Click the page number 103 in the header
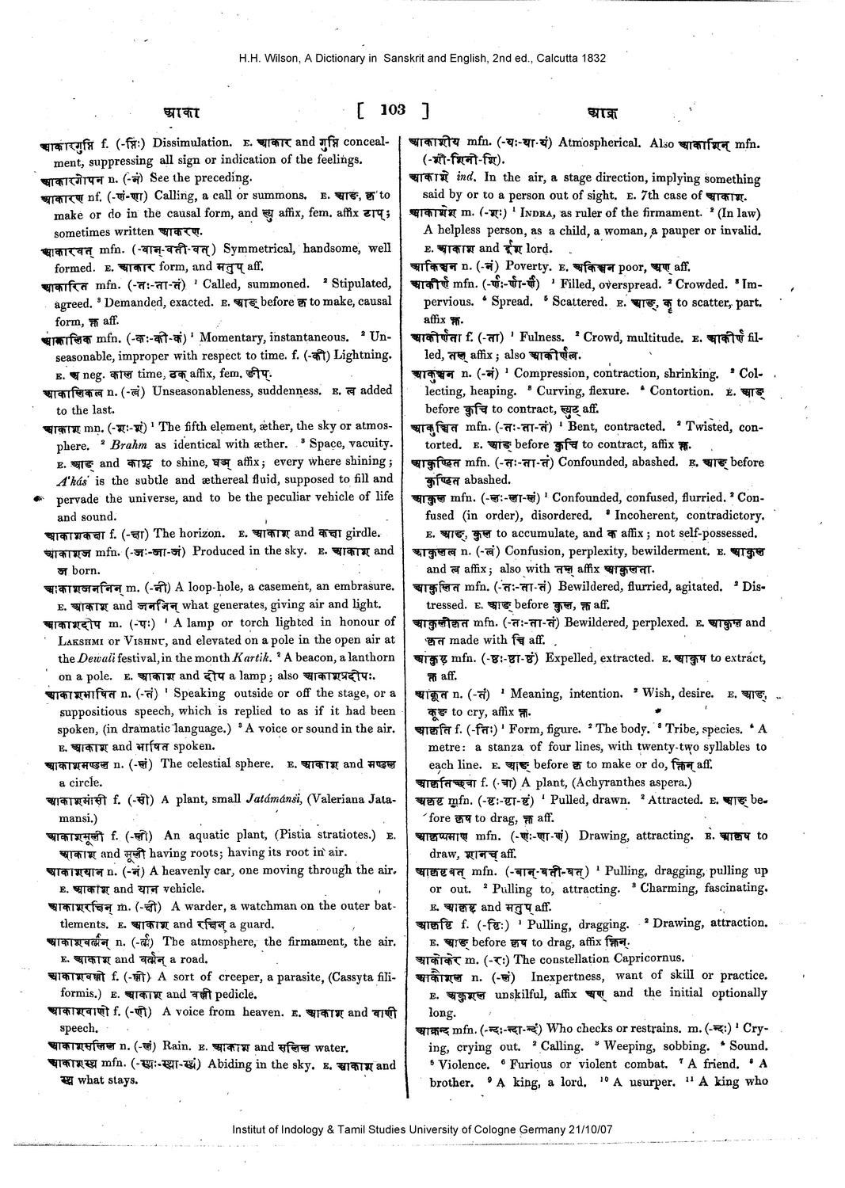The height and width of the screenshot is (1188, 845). click(x=392, y=110)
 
